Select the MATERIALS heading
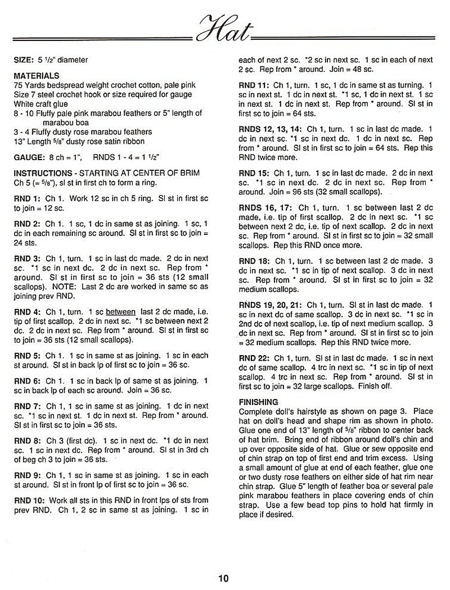point(37,76)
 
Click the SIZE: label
point(24,60)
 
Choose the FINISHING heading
point(259,402)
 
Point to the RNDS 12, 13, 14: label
point(271,129)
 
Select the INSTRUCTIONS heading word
point(39,174)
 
